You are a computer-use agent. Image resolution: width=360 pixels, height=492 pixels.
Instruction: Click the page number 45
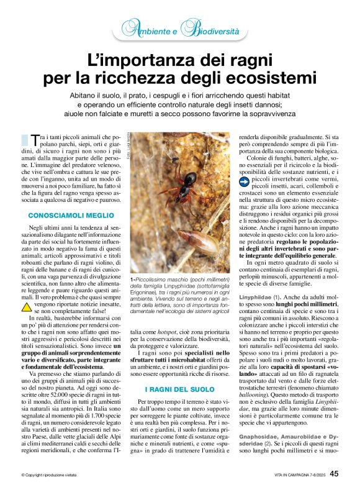(334, 473)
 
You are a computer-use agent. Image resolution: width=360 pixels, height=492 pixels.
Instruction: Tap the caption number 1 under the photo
(132, 280)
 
